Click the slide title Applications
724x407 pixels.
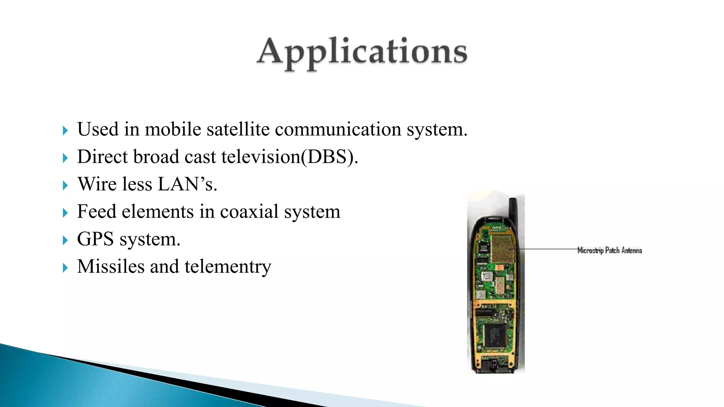click(x=362, y=53)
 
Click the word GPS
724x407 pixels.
click(x=95, y=239)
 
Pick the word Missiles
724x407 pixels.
click(x=111, y=266)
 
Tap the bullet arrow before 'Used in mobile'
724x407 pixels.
click(x=65, y=131)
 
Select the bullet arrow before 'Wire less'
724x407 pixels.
click(x=65, y=185)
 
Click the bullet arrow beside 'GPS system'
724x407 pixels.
click(x=65, y=241)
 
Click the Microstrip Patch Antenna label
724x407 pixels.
click(x=609, y=250)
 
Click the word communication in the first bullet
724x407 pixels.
click(x=338, y=129)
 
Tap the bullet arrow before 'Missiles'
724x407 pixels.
click(x=65, y=268)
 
